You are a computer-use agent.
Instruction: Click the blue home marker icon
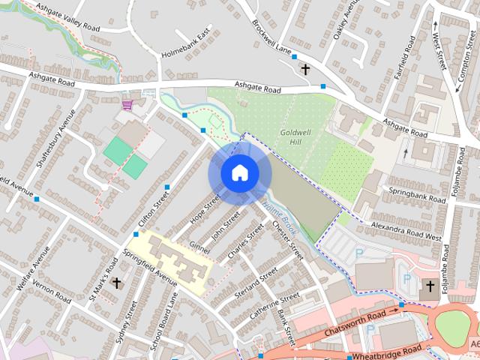238,173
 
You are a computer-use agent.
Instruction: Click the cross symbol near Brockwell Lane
305,70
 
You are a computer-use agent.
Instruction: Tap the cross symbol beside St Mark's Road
116,283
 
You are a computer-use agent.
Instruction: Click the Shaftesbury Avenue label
52,139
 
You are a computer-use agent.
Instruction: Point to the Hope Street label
208,209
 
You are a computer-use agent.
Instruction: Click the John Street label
225,223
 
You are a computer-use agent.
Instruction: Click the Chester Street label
287,239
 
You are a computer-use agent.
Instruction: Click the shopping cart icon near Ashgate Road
127,103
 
